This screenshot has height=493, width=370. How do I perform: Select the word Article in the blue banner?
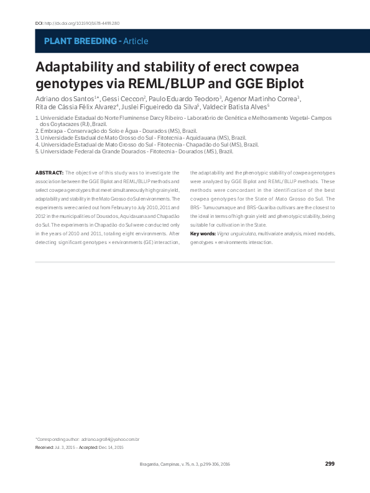(136, 41)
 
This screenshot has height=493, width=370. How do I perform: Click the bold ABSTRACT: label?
(49, 172)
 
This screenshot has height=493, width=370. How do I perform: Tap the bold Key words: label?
(203, 233)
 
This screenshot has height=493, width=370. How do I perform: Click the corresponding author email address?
(110, 440)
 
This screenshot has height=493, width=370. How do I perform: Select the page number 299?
(330, 464)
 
